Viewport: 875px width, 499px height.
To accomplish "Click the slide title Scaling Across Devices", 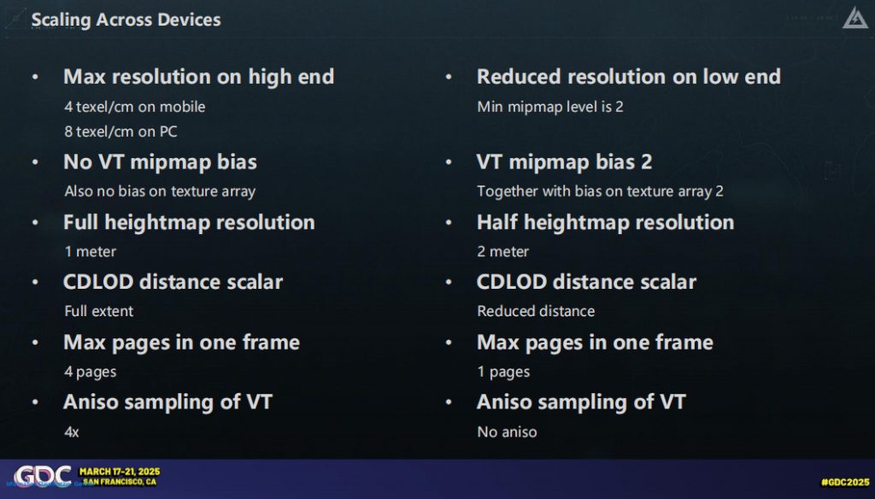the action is [126, 21].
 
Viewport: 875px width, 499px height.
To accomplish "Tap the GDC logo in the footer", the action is [43, 476].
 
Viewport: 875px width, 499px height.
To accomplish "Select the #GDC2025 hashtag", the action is [845, 482].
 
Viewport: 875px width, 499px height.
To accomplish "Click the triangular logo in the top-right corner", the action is [854, 18].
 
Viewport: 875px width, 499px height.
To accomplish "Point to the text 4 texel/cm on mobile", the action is [134, 107].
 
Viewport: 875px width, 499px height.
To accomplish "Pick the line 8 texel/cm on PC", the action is [120, 132].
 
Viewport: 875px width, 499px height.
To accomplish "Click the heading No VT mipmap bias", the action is [160, 161].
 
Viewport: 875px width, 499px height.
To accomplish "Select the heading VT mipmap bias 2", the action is [564, 161].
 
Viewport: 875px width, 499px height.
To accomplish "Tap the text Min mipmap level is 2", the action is [550, 107].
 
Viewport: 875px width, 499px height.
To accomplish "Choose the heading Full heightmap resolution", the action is [189, 222].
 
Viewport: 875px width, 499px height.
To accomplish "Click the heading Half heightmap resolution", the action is [606, 222].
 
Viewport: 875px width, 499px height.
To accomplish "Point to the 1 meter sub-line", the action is [91, 252].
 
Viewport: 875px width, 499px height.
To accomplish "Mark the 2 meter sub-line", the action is [502, 252].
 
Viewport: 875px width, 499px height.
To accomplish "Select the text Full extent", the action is [99, 311].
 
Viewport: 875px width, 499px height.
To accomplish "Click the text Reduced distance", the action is [536, 311].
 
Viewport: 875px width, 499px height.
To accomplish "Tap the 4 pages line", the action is [91, 372].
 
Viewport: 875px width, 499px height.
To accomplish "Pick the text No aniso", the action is [507, 432].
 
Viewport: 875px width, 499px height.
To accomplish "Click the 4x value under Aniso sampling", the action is [72, 432].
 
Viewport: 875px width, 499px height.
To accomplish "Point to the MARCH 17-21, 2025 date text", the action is [120, 472].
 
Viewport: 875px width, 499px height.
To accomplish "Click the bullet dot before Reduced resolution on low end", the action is [448, 77].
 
